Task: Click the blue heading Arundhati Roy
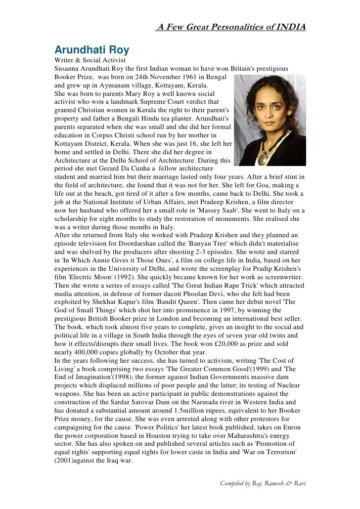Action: coord(91,50)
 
